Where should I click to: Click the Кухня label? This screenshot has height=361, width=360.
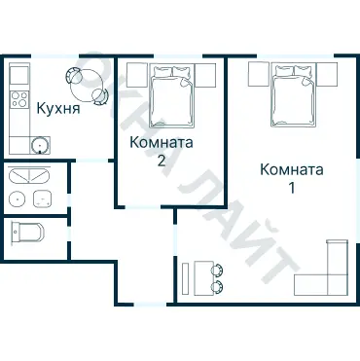pos(57,107)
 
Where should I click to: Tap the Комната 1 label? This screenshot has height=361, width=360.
pos(291,169)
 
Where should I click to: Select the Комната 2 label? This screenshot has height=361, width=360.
pos(162,143)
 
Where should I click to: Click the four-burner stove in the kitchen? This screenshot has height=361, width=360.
pos(18,98)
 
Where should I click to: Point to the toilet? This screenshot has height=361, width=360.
pos(26,233)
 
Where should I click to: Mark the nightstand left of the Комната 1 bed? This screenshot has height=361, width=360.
pos(257,74)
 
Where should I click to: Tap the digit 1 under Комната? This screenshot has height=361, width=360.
pos(291,187)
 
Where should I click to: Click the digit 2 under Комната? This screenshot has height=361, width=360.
pos(162,161)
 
